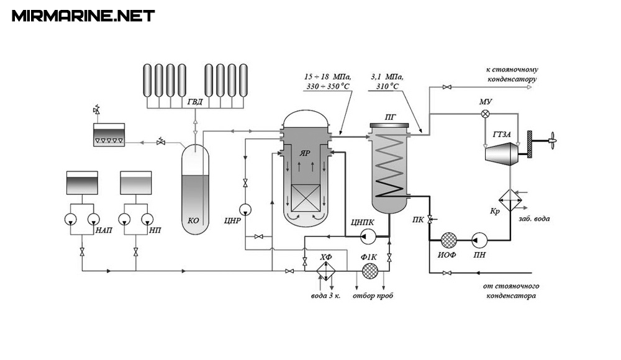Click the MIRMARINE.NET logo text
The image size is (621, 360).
coord(83,16)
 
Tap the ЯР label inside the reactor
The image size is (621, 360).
coord(304,154)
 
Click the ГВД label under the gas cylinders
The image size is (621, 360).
coord(195,102)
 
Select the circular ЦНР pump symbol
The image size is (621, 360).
coord(245,209)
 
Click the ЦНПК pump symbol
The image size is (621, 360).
coord(366,237)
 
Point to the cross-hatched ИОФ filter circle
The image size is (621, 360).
coord(449,240)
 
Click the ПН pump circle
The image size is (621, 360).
coord(479,240)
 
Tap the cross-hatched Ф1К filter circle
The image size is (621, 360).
coord(370,271)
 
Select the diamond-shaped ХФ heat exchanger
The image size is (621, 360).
coord(326,271)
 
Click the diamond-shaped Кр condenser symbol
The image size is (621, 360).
coord(510,200)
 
